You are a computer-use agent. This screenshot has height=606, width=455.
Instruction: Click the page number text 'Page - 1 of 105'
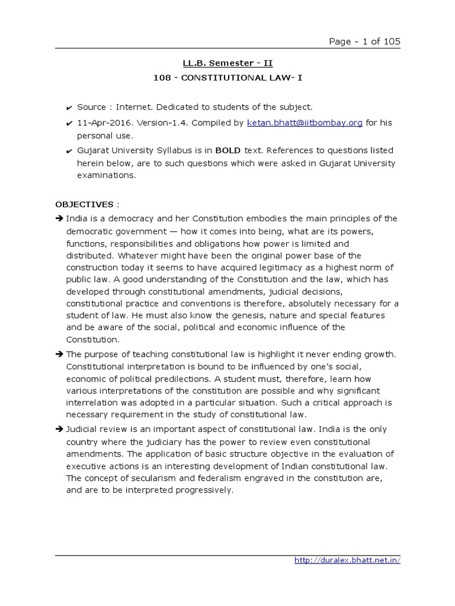click(364, 41)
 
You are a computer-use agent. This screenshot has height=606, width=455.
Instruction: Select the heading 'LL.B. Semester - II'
click(227, 63)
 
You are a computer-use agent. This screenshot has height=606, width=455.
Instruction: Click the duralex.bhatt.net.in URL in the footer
click(347, 560)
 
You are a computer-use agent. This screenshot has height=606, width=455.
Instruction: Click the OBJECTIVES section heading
click(84, 204)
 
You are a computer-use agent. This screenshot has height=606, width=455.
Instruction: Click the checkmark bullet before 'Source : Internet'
click(69, 108)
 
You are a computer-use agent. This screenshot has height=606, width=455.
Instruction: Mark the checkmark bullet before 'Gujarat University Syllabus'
click(69, 151)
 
